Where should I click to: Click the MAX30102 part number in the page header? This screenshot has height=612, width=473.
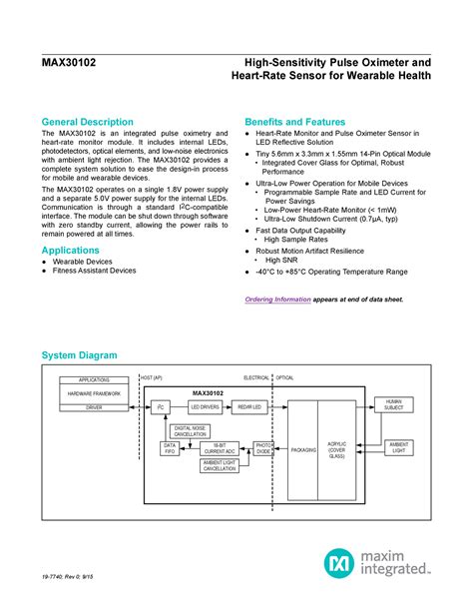[68, 62]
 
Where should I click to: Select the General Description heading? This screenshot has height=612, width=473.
[101, 121]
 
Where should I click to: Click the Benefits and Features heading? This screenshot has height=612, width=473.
[301, 121]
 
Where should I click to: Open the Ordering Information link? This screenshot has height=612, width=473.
[278, 300]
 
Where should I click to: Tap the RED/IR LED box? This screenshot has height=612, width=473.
[248, 406]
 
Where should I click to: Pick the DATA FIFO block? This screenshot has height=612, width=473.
[170, 448]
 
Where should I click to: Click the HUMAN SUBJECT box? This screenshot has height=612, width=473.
[393, 404]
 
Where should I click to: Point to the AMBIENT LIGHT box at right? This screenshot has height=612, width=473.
[398, 446]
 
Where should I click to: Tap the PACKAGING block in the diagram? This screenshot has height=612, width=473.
[303, 450]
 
